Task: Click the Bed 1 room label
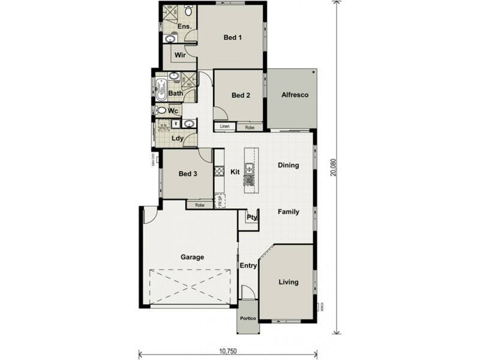pyautogui.click(x=232, y=38)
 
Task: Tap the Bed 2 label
pyautogui.click(x=240, y=95)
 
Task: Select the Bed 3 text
pyautogui.click(x=188, y=174)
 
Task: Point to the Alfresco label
pyautogui.click(x=295, y=95)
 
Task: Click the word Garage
pyautogui.click(x=193, y=257)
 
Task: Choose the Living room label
pyautogui.click(x=288, y=282)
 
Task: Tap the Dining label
pyautogui.click(x=288, y=165)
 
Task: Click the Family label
pyautogui.click(x=288, y=212)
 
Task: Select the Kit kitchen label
pyautogui.click(x=235, y=172)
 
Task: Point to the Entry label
pyautogui.click(x=248, y=265)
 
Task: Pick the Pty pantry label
pyautogui.click(x=251, y=217)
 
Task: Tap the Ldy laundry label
pyautogui.click(x=177, y=139)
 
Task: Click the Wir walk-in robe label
pyautogui.click(x=179, y=55)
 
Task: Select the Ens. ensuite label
pyautogui.click(x=185, y=26)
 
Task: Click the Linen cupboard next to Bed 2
pyautogui.click(x=225, y=127)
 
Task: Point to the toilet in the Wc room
pyautogui.click(x=161, y=111)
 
